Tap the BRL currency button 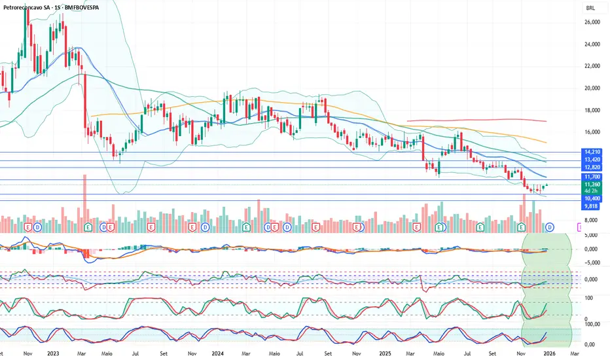591,9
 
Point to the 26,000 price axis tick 592,22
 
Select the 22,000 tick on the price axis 592,66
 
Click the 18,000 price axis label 592,110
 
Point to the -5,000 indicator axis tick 591,263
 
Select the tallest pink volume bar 84,203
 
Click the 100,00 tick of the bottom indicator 592,323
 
